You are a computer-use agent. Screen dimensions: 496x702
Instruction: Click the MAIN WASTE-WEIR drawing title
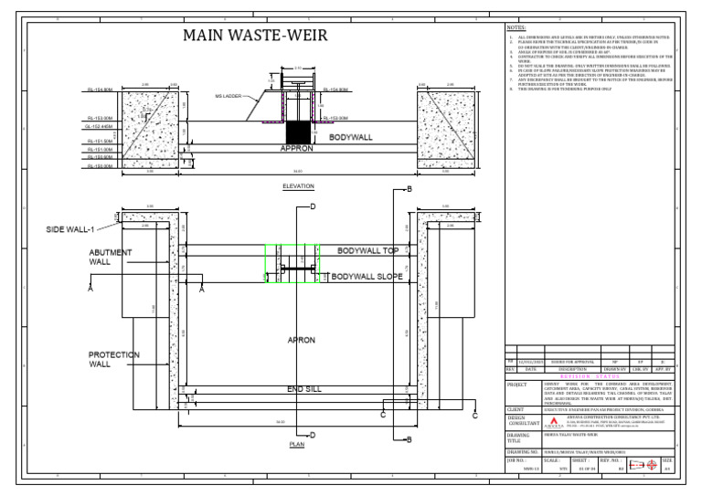[x=255, y=36]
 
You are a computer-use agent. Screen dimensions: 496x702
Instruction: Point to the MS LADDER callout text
[x=229, y=95]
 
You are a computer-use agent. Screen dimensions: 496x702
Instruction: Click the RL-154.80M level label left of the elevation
[x=100, y=90]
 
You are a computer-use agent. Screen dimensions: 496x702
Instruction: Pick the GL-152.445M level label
[x=100, y=126]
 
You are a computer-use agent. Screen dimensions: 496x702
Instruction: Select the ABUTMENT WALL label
[x=111, y=257]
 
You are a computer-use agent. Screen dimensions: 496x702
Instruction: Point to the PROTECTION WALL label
[x=114, y=359]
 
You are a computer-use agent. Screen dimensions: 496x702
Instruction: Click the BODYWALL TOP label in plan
[x=367, y=249]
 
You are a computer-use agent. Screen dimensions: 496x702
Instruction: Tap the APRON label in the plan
[x=301, y=340]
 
